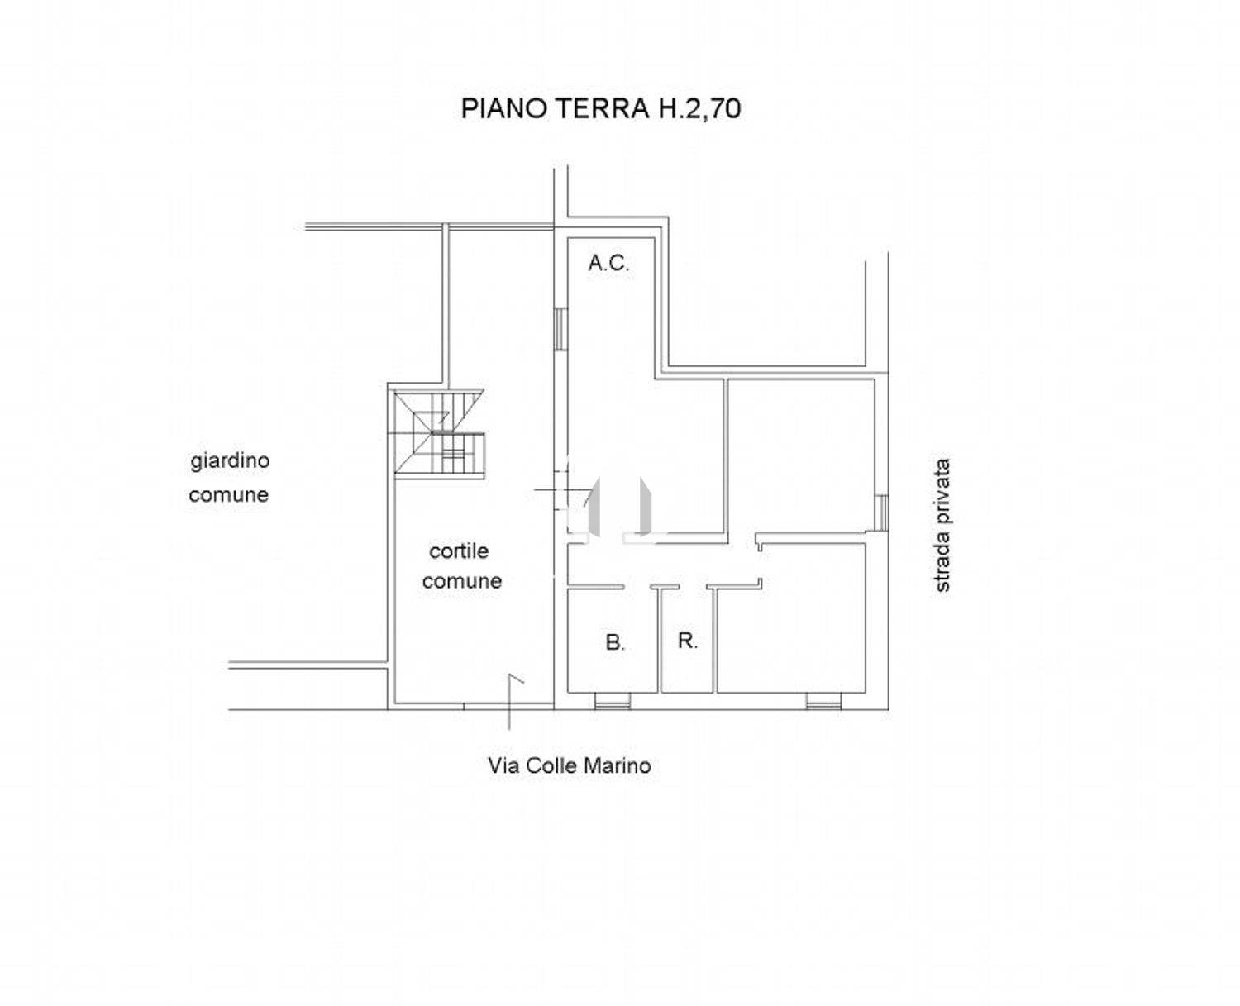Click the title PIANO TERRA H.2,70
[x=601, y=108]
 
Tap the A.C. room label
[x=608, y=263]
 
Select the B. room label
[x=615, y=642]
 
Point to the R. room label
[x=688, y=641]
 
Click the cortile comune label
[x=461, y=566]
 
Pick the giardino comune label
[x=229, y=478]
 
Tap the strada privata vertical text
[x=942, y=525]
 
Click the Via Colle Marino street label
[x=570, y=765]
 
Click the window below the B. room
[x=613, y=701]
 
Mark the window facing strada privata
[x=882, y=513]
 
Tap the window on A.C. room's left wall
[x=560, y=328]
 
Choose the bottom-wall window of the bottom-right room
[x=823, y=701]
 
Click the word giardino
[x=230, y=461]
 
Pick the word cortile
[x=459, y=551]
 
